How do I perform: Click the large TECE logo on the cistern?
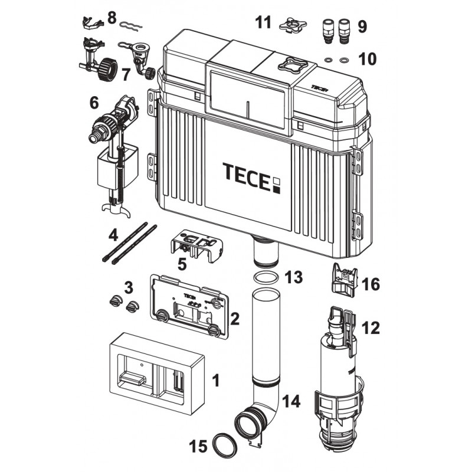(252, 178)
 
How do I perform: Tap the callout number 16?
(371, 284)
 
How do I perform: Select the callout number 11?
(263, 22)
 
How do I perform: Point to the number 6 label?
(94, 103)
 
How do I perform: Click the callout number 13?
(294, 277)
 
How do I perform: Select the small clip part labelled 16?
(344, 281)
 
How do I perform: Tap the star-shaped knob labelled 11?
(293, 25)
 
